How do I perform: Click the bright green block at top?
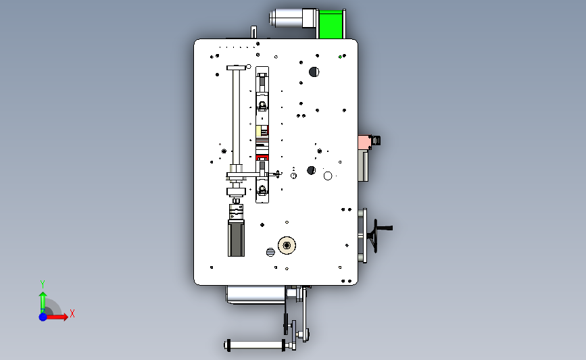coord(331,24)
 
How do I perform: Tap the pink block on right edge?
coord(364,143)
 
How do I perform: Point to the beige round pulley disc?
coord(287,245)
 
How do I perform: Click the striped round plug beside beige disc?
coord(270,252)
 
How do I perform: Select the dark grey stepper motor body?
coord(236,238)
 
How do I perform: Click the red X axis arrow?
coord(56,317)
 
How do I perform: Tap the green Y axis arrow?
coord(43,303)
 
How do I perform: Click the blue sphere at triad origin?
coord(43,317)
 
